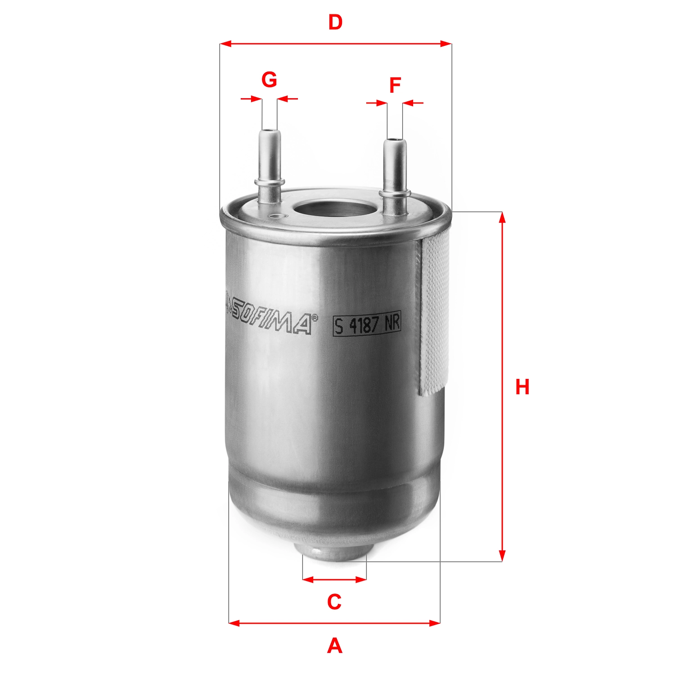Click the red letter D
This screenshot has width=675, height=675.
pos(335,22)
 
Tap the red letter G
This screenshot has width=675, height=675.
pos(269,80)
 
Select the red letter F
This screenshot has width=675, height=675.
pos(395,85)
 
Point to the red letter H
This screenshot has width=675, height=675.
pos(522,387)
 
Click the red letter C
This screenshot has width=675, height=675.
pos(334,602)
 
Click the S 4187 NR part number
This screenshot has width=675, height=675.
pos(367,325)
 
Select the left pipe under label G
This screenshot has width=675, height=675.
pos(269,157)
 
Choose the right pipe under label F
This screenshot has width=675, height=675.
pos(395,166)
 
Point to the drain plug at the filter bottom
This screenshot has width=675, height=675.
pos(334,551)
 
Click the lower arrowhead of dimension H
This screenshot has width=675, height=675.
pos(503,556)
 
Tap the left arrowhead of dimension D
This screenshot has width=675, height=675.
pos(225,44)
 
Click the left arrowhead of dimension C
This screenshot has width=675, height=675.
pos(308,579)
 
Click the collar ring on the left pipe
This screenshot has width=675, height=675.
pos(269,182)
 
